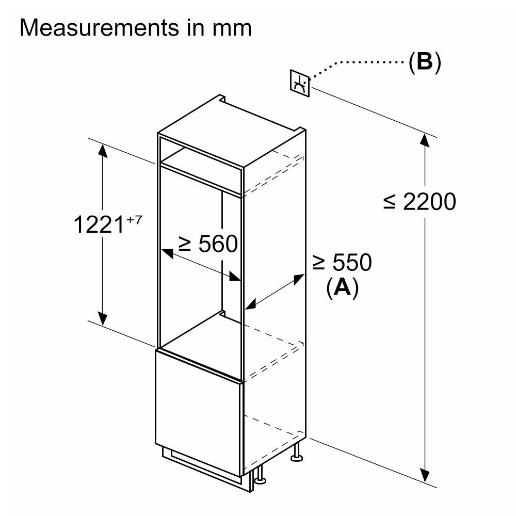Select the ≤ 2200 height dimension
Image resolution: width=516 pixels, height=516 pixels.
click(419, 202)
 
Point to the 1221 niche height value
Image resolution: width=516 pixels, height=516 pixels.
click(100, 225)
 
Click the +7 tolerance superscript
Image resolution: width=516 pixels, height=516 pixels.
click(134, 220)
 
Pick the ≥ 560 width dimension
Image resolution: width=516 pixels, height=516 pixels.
click(207, 244)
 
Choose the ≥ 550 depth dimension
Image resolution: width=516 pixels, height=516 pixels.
click(342, 263)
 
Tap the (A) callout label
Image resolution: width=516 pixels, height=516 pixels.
click(342, 287)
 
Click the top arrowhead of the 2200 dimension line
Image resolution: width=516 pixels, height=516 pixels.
click(425, 140)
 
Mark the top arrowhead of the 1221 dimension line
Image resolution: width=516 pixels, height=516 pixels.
click(103, 150)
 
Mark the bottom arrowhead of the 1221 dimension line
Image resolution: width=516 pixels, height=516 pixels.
click(103, 319)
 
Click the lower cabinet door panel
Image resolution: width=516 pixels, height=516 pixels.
click(199, 410)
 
